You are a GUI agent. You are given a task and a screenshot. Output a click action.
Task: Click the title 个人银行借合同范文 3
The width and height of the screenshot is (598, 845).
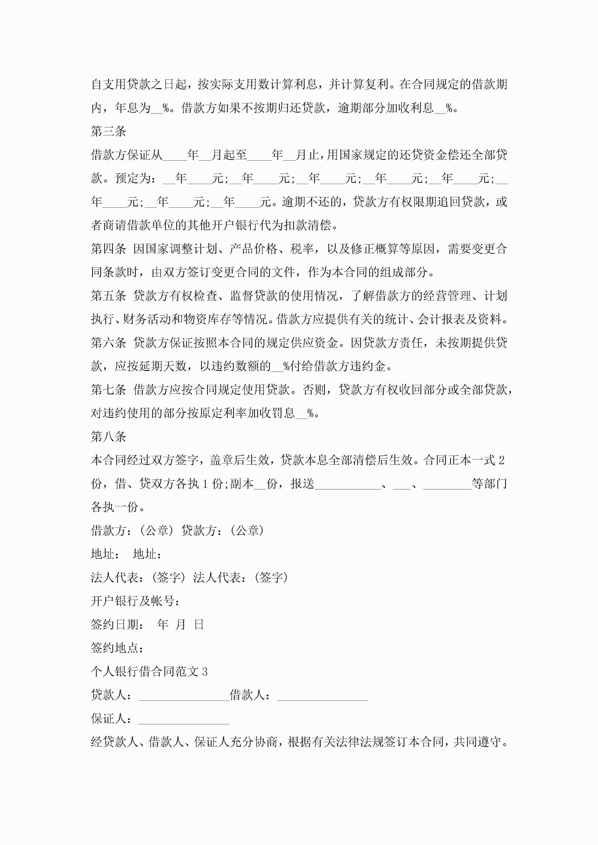[x=149, y=672]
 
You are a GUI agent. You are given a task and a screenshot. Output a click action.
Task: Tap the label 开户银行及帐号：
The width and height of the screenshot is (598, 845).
[x=135, y=601]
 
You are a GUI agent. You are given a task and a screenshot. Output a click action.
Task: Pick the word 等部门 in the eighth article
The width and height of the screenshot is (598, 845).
[x=489, y=484]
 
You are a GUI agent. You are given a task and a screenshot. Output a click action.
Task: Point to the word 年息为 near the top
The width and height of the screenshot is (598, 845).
[x=133, y=108]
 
